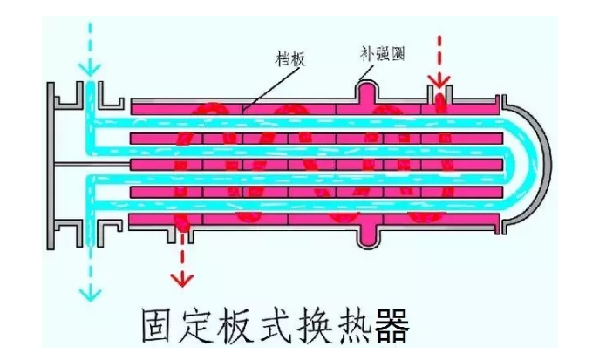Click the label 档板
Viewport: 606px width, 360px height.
coord(289,57)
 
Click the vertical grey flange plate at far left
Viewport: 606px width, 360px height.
coord(54,163)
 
